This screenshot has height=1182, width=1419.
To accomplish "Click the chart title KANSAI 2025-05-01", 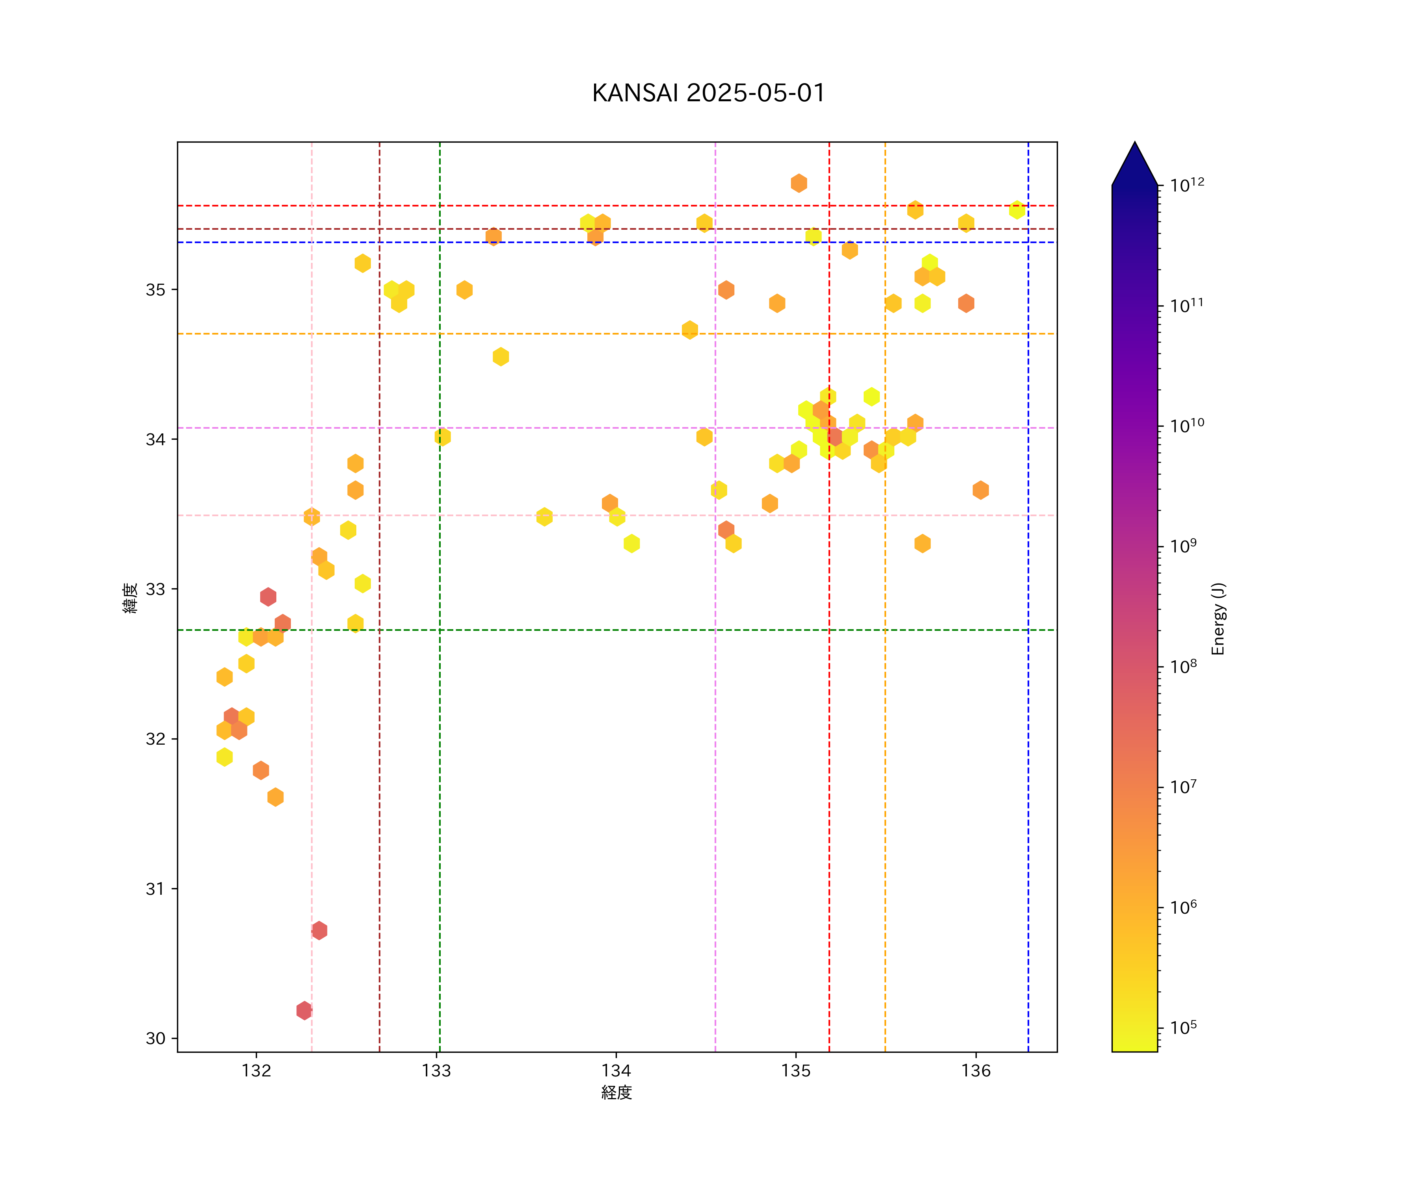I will click(x=708, y=93).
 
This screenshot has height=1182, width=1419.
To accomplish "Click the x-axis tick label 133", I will click(x=436, y=1070).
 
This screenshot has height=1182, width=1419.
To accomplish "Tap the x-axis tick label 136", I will click(x=976, y=1070).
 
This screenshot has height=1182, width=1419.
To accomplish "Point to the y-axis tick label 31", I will click(x=155, y=889).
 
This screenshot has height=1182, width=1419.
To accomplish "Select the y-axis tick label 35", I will click(x=155, y=290).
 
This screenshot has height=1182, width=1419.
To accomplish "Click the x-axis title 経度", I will click(x=616, y=1092).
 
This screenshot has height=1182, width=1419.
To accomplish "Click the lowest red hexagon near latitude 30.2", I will click(x=304, y=1011).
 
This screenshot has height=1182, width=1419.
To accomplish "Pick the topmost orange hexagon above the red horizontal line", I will click(x=799, y=183).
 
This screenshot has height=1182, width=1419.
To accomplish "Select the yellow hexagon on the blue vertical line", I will click(x=1017, y=210).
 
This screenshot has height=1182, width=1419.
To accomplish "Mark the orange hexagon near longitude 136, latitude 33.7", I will click(x=980, y=491).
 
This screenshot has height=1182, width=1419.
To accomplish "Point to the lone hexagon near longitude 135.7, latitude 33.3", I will click(x=922, y=544).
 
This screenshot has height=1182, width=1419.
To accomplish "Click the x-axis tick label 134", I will click(x=616, y=1070).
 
